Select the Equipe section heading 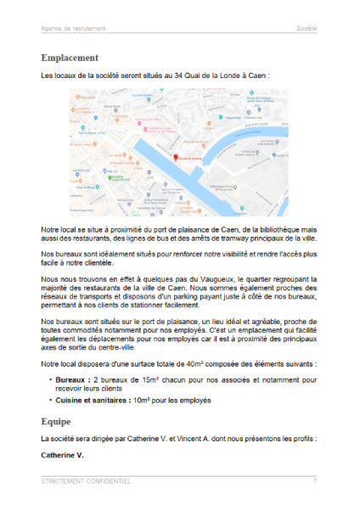pos(58,420)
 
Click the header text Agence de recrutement pos(73,28)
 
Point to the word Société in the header pos(306,28)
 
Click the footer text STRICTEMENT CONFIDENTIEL pos(86,481)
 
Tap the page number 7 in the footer pos(314,481)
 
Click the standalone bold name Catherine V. pos(63,456)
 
